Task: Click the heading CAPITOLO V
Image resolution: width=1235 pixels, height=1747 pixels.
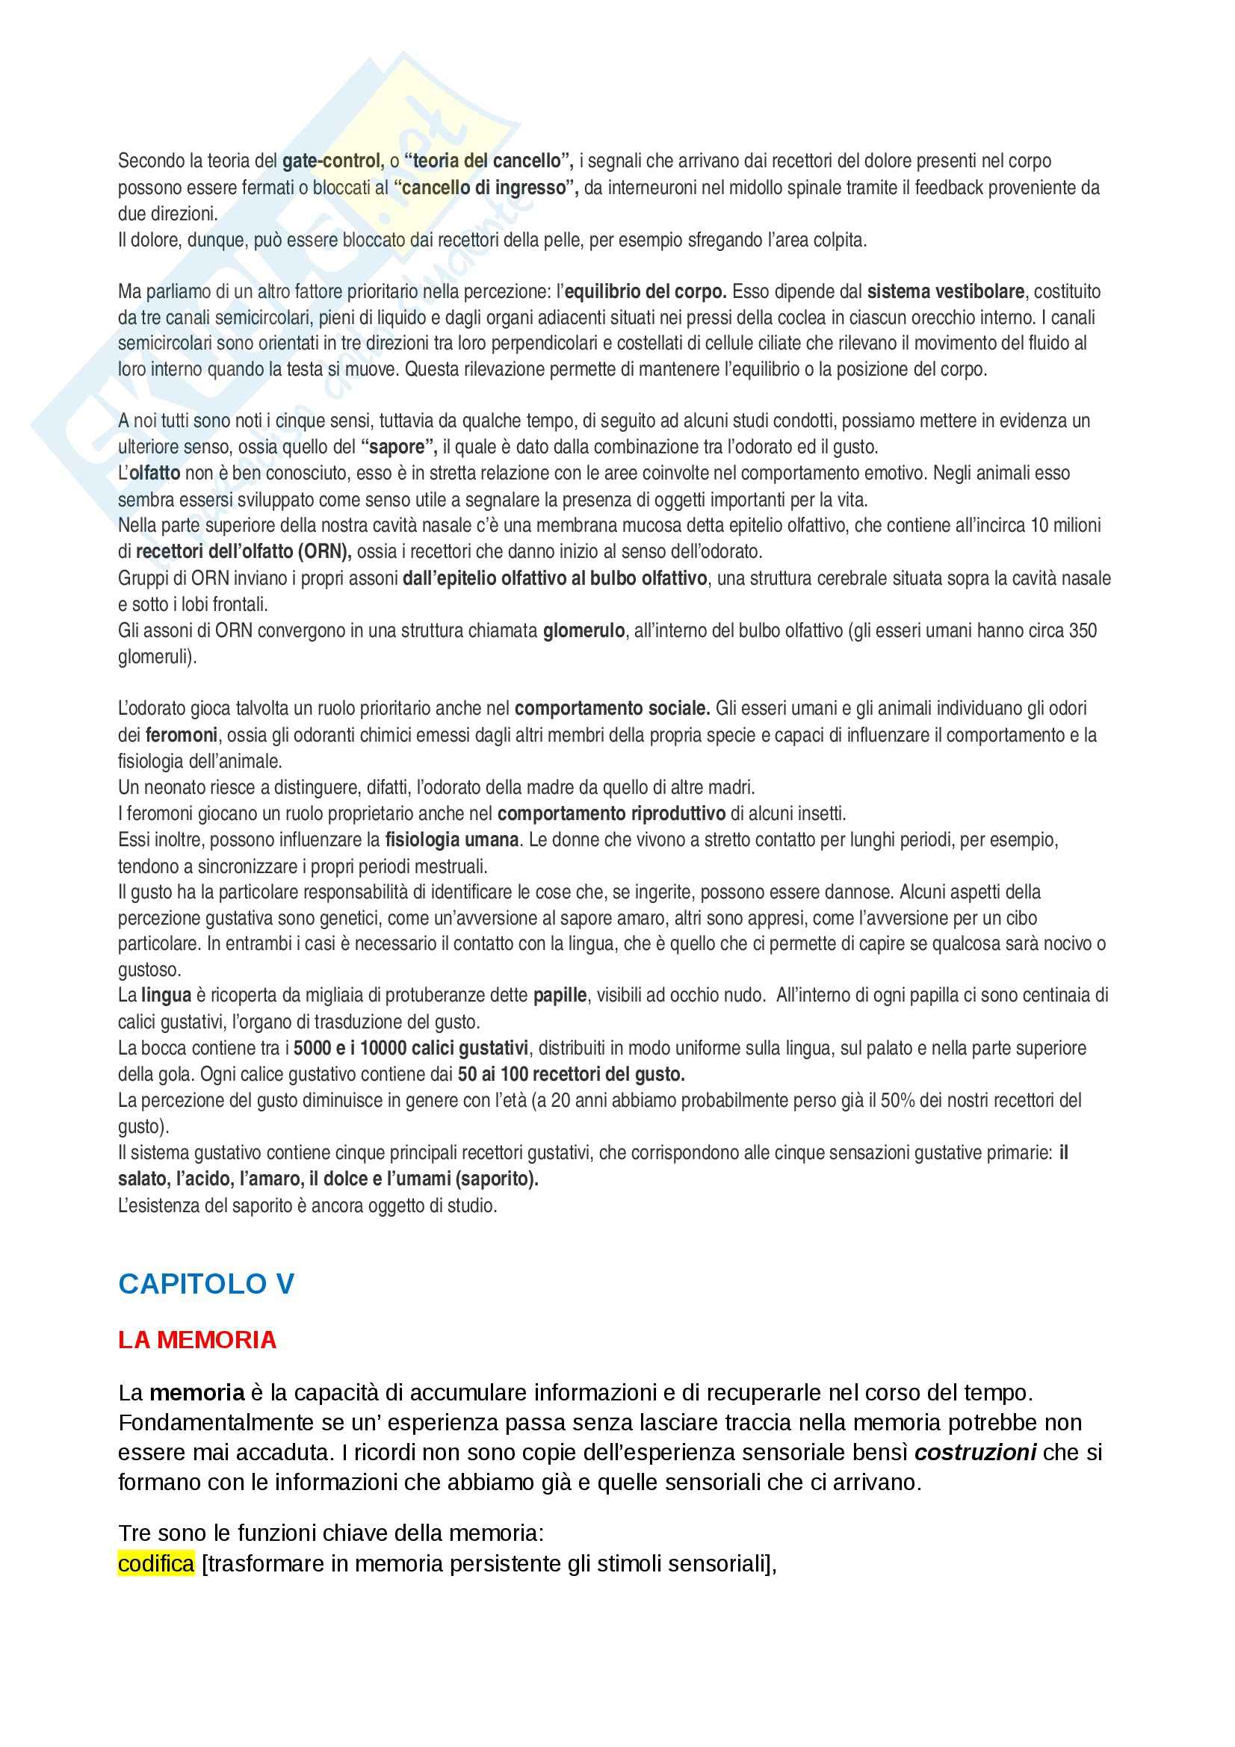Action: [x=206, y=1284]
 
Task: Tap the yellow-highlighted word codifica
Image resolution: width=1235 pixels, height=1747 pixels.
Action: [x=156, y=1563]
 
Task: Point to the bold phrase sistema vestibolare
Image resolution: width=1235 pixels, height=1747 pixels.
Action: [x=945, y=291]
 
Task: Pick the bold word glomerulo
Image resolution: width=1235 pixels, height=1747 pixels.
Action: [x=584, y=631]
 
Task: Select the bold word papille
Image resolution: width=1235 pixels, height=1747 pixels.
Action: [x=560, y=995]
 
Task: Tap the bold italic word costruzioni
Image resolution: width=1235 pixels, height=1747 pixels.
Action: [x=976, y=1453]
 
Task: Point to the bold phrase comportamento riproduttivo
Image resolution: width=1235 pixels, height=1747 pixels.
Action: [x=612, y=814]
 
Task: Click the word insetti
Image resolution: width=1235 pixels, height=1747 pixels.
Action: [x=821, y=814]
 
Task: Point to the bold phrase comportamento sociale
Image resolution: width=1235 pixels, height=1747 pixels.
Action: [x=612, y=709]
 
